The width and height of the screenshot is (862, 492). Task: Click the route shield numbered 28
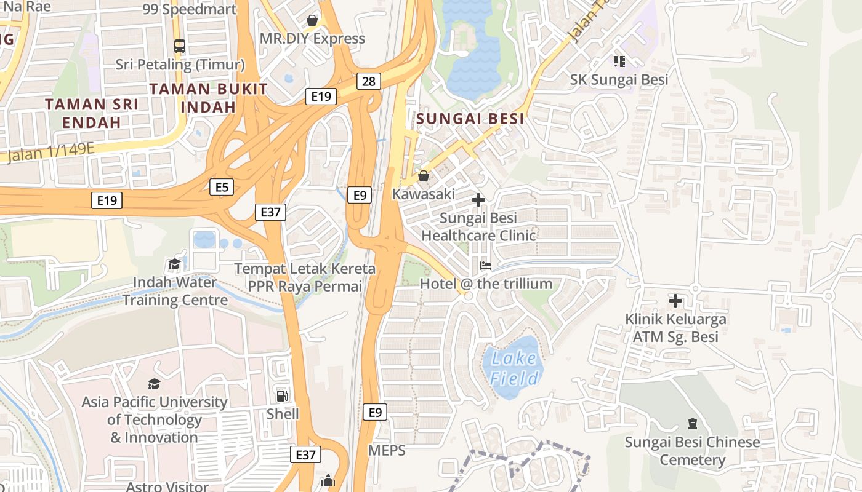[368, 81]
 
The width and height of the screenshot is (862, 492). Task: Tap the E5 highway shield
[222, 187]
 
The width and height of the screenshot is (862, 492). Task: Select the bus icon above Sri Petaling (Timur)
[180, 46]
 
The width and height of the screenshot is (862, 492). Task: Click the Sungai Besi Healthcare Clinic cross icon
[478, 200]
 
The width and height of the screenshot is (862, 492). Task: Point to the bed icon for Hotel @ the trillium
[486, 266]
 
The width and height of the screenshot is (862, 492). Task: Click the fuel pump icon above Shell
[283, 396]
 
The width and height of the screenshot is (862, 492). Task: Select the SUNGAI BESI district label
[470, 119]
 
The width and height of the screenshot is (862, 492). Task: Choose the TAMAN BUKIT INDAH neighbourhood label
[209, 98]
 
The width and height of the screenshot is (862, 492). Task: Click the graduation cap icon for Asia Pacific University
[154, 384]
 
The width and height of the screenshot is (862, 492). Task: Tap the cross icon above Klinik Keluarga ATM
[675, 301]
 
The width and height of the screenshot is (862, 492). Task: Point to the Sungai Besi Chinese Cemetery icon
[693, 424]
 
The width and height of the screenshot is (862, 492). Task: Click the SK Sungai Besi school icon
[619, 61]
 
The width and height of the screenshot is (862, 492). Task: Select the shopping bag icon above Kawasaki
[424, 177]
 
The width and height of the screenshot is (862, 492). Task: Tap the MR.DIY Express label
[312, 39]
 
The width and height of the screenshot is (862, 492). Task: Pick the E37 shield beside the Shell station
[305, 454]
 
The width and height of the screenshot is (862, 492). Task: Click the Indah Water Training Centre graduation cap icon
[175, 264]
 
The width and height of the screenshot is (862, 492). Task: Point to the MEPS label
[387, 451]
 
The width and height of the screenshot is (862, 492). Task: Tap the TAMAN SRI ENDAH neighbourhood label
[92, 113]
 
